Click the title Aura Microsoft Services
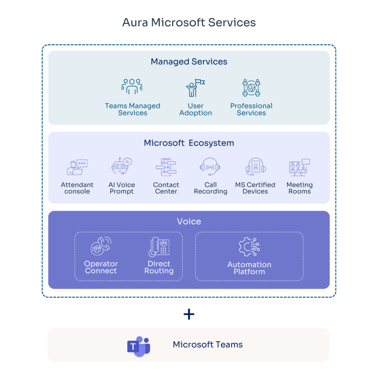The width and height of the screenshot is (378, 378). (189, 23)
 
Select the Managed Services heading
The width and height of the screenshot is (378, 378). (189, 62)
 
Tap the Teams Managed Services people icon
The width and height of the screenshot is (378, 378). (132, 86)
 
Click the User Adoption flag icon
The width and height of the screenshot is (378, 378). (195, 87)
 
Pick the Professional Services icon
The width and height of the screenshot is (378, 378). (251, 87)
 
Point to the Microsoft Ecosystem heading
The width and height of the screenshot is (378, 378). (189, 143)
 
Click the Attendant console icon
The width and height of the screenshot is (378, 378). (77, 167)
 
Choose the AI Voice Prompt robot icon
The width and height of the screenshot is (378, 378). (121, 166)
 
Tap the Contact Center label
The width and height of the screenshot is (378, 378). (166, 188)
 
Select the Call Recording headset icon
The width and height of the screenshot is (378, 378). (210, 166)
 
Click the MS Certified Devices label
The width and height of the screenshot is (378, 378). (255, 188)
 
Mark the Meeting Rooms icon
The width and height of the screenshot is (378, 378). (299, 167)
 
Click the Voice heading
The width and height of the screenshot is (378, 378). (189, 221)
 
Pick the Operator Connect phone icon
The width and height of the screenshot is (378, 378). (101, 246)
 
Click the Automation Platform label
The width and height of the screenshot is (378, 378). (249, 268)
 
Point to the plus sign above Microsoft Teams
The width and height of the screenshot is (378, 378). (189, 314)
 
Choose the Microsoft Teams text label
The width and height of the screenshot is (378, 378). (208, 345)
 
